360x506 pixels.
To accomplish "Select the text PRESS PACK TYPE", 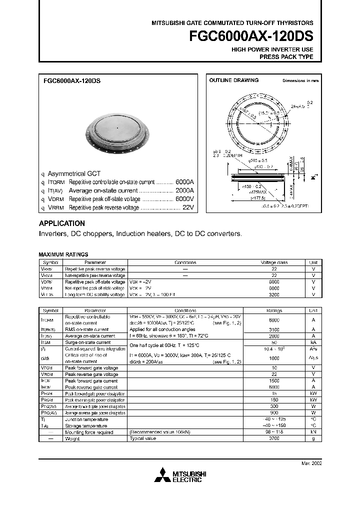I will click(286, 57).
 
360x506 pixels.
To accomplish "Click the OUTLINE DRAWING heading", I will click(233, 80).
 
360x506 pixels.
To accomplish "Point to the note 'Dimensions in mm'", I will click(300, 80).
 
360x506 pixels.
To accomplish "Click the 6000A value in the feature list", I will click(184, 182).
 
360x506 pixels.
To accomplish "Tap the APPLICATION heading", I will click(62, 223).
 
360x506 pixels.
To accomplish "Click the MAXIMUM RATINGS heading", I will click(63, 254).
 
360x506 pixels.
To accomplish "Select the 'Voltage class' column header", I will click(274, 262).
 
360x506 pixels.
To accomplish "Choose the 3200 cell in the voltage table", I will click(274, 295).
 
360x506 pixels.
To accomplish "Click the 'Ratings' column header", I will click(274, 310).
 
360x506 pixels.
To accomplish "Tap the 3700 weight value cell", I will click(274, 438).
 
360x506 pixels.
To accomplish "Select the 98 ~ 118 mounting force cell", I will click(274, 432).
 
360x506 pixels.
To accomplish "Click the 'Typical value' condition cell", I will click(144, 438).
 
